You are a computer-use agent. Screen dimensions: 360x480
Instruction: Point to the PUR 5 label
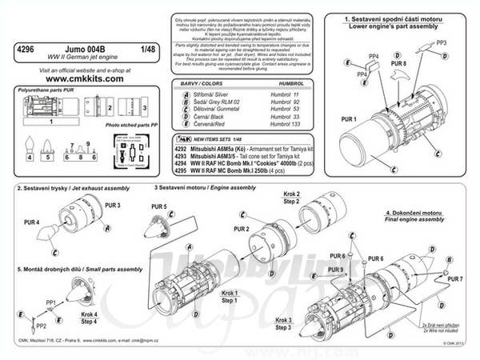click(x=159, y=206)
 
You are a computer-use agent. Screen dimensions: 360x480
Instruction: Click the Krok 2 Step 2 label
click(x=291, y=198)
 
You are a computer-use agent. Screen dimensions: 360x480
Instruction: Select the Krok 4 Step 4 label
click(x=90, y=318)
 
